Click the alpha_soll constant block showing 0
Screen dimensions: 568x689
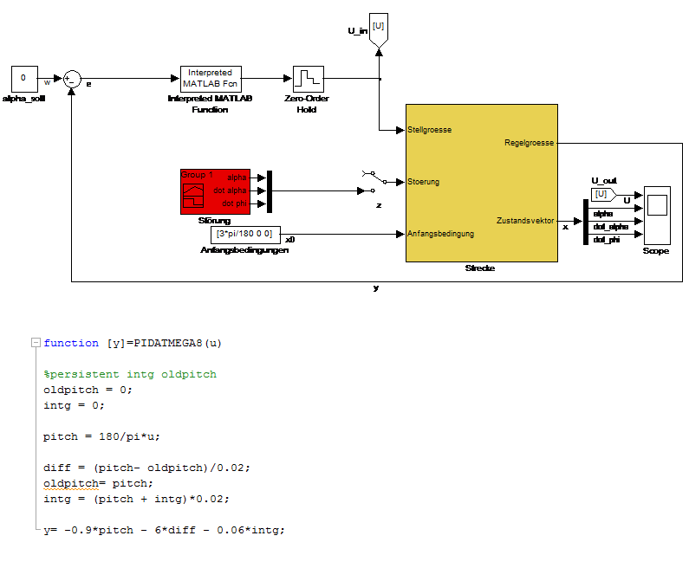tap(23, 79)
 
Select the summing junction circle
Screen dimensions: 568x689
tap(73, 79)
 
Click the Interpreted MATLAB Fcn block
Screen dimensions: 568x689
tap(211, 79)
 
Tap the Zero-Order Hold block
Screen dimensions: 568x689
tap(309, 79)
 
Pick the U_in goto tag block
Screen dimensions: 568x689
tap(378, 28)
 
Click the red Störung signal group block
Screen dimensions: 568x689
tap(215, 190)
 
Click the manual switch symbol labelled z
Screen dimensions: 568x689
tap(368, 182)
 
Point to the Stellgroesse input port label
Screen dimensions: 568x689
tap(430, 131)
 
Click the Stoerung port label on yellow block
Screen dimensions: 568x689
tap(424, 182)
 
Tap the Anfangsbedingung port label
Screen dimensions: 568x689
tap(441, 234)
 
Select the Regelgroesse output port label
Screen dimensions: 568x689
tap(530, 143)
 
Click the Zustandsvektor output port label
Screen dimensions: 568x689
tap(525, 221)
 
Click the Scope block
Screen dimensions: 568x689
tap(657, 213)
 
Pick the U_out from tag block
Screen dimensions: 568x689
tap(602, 194)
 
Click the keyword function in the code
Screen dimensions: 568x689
tap(71, 343)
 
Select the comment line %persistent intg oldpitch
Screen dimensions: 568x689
tap(130, 374)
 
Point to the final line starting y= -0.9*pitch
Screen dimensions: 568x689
tap(164, 530)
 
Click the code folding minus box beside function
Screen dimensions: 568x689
tap(35, 343)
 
